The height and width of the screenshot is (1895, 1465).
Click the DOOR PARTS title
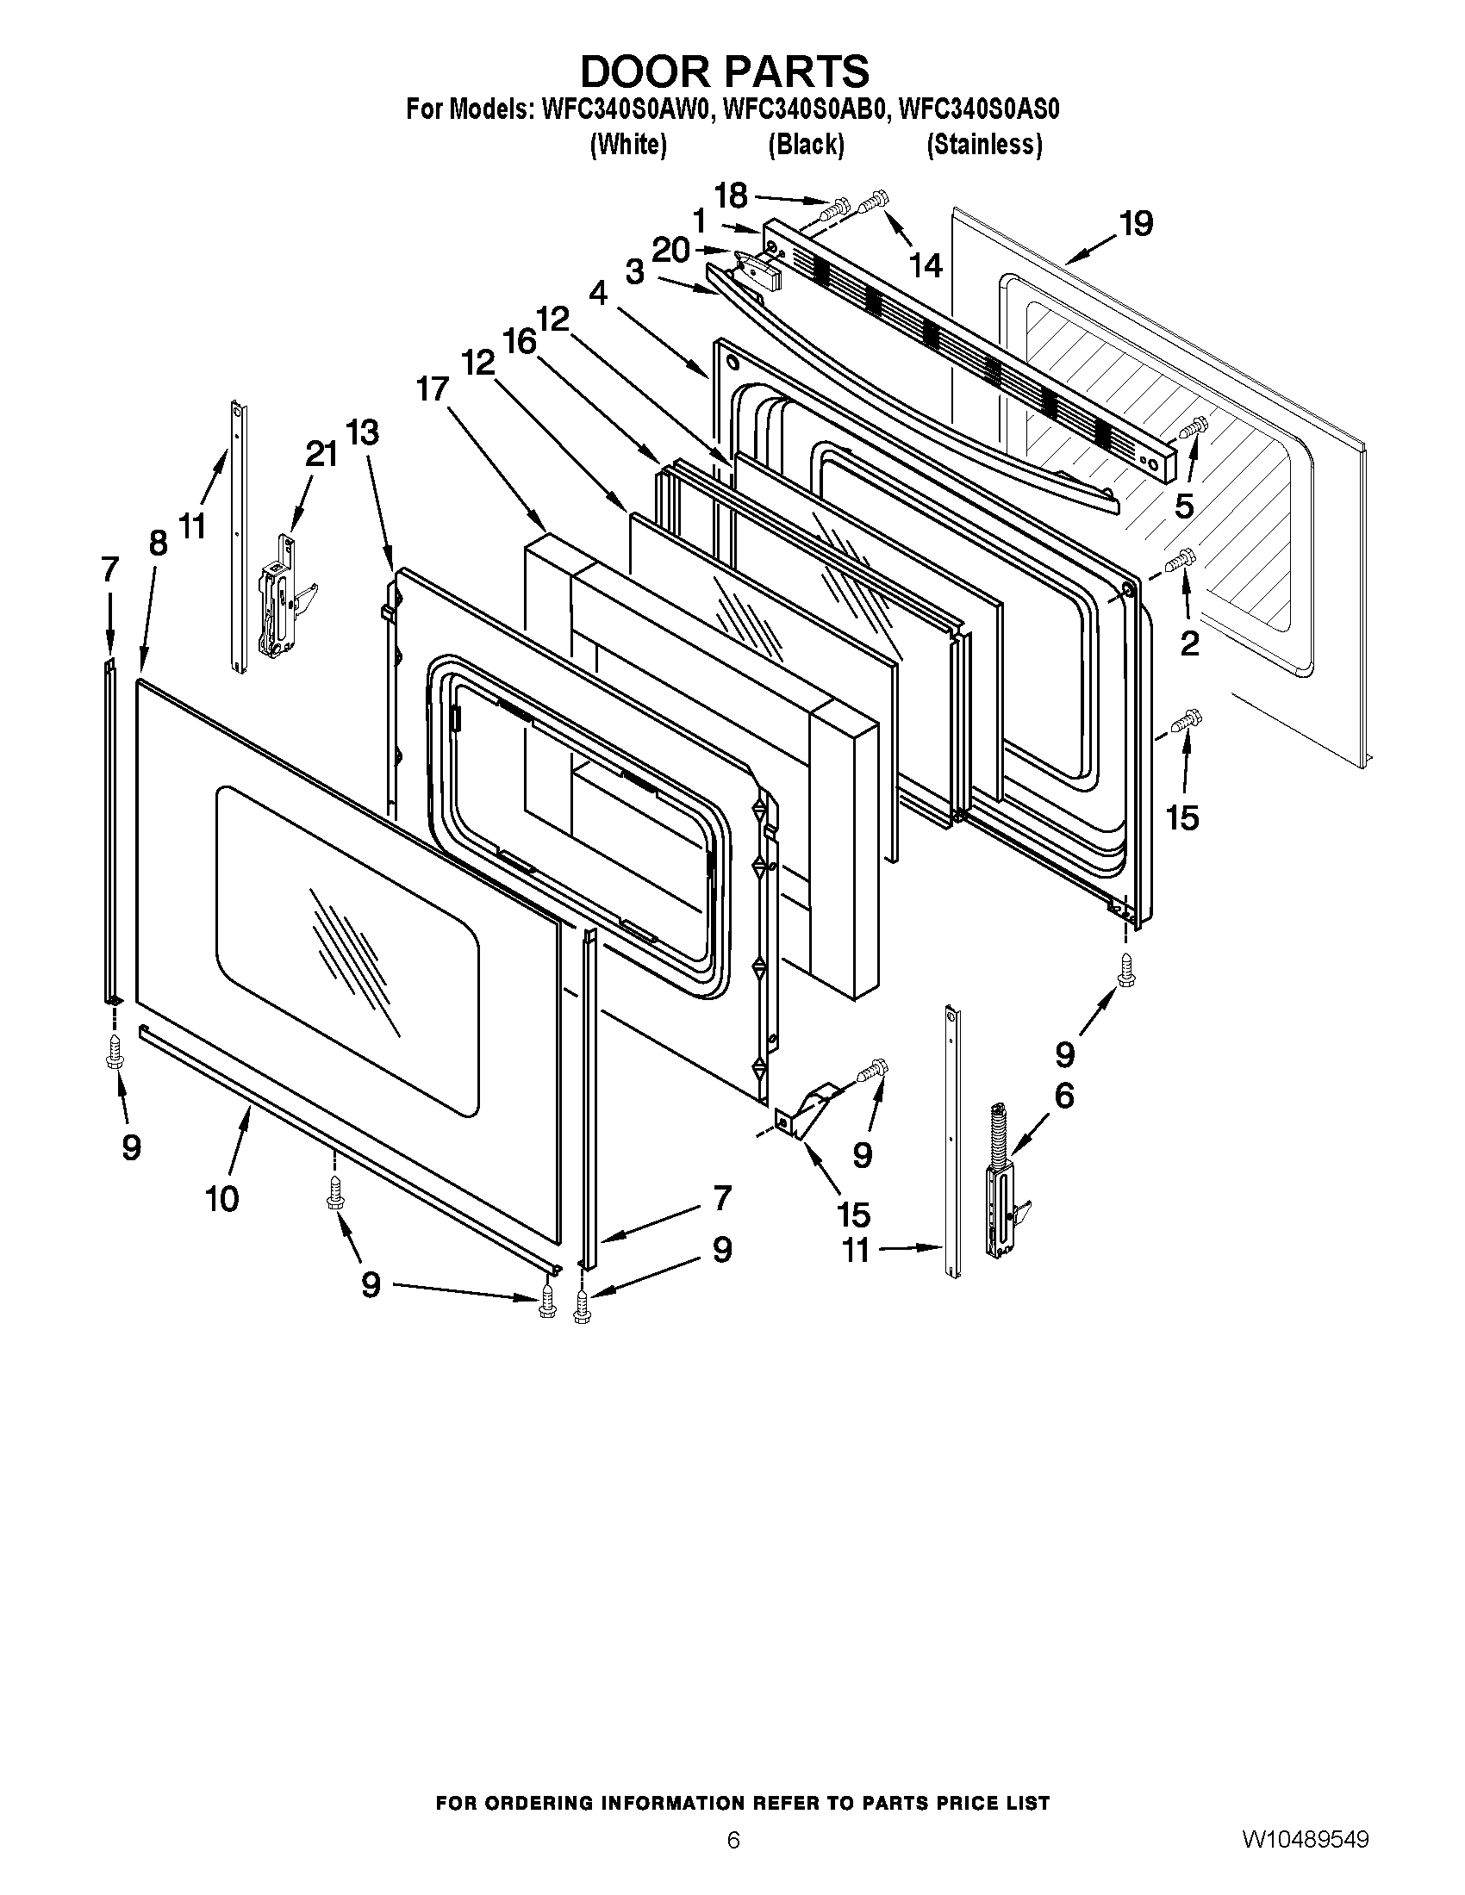(725, 71)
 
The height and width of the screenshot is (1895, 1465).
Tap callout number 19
(1136, 224)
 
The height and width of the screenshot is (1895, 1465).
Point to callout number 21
(322, 454)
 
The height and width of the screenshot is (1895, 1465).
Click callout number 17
(432, 389)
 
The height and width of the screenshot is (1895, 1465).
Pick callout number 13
(363, 432)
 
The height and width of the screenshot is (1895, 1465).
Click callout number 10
(221, 1199)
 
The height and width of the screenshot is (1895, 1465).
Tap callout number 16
(520, 342)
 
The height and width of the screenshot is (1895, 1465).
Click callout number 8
(157, 544)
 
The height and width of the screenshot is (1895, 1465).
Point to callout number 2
(1189, 643)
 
